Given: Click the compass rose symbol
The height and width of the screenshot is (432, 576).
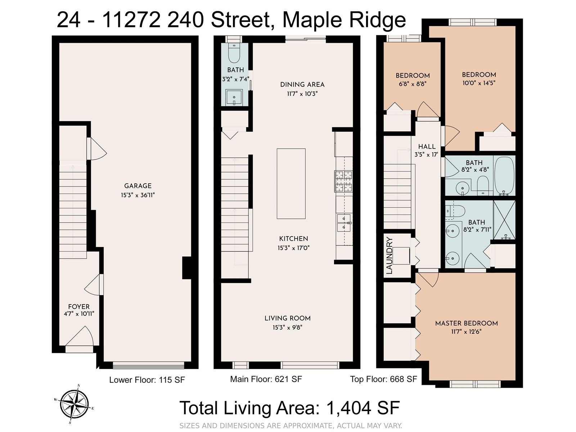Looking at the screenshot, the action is point(75,404).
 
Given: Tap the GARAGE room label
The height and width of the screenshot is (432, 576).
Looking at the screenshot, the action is point(138,186).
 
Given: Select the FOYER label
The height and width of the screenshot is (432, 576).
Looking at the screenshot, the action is point(79,306).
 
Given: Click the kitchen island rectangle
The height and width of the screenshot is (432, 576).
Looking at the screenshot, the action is point(291,184).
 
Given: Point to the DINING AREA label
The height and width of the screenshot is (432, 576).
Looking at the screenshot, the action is point(302,85).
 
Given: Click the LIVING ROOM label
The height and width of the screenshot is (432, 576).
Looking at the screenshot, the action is point(287,318).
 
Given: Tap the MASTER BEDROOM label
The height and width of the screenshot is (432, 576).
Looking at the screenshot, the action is point(466,323).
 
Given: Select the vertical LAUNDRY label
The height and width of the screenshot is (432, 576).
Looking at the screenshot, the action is point(389,256).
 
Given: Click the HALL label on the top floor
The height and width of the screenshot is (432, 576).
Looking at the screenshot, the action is point(427,147).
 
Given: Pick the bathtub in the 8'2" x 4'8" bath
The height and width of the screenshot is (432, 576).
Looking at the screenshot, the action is point(504,176).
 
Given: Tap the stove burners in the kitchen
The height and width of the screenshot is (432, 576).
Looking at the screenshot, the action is point(343,181).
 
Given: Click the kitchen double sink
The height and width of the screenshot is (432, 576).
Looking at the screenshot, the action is point(344,223).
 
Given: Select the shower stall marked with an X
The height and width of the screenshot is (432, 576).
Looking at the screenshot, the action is point(504,220).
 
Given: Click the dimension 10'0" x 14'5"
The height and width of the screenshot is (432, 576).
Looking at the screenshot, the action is point(479,83).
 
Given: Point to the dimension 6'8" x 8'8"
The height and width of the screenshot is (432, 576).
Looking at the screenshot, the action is point(413,84).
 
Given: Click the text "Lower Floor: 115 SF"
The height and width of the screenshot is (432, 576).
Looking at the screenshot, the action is point(147,380).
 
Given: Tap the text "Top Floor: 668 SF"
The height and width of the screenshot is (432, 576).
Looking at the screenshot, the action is point(383,379).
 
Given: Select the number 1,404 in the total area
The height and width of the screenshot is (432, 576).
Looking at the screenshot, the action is point(348,408).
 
